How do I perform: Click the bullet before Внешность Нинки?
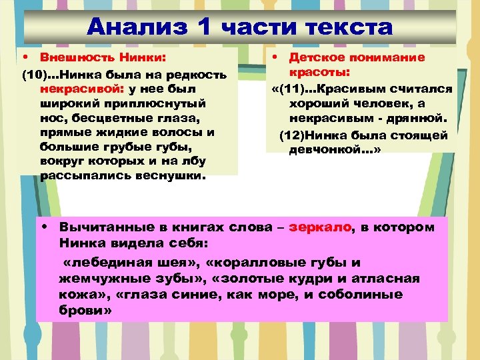coord(25,58)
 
